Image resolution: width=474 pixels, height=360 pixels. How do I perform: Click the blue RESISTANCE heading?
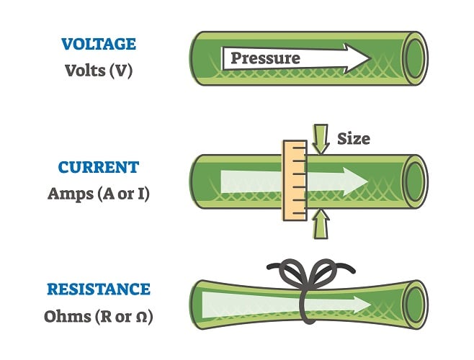(x=99, y=289)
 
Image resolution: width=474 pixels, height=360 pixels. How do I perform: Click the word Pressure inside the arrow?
(x=265, y=58)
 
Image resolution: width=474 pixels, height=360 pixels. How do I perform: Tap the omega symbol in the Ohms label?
(x=140, y=316)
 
